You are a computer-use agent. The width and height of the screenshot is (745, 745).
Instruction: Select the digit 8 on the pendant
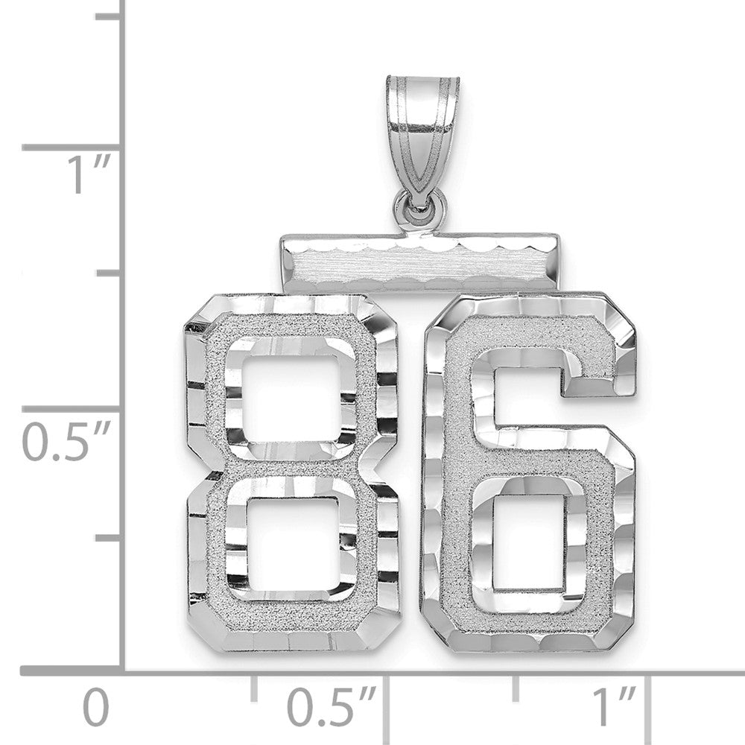(x=292, y=473)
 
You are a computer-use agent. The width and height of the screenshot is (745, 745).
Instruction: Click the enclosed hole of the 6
(x=527, y=542)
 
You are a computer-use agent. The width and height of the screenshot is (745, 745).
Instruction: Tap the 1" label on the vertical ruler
(x=89, y=174)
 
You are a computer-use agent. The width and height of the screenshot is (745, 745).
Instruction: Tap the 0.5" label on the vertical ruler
(x=66, y=440)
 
